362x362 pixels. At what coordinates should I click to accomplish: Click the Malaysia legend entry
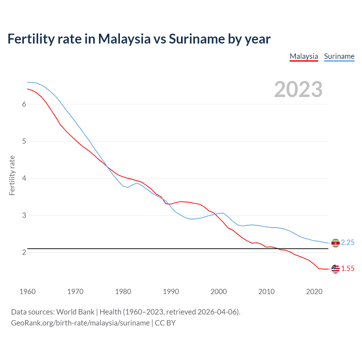click(304, 56)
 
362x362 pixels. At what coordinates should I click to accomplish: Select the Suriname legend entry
click(339, 56)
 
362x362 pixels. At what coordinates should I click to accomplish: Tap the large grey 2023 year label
click(298, 89)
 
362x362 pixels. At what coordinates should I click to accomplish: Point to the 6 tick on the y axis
click(24, 104)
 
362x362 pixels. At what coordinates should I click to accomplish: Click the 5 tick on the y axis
click(24, 141)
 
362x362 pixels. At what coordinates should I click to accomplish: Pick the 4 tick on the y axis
click(24, 178)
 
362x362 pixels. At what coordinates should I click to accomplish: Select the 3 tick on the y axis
click(24, 215)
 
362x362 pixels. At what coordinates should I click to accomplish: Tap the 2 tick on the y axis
click(24, 252)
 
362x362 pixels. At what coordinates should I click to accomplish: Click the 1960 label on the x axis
click(27, 292)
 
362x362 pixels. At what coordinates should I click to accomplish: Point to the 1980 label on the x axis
click(123, 292)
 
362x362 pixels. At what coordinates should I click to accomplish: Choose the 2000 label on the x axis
click(219, 292)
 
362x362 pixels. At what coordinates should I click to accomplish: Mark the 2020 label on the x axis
click(314, 292)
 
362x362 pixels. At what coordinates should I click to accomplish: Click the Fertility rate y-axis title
click(12, 175)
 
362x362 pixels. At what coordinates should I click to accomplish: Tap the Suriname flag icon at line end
click(335, 243)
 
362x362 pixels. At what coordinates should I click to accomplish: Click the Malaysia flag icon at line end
click(335, 269)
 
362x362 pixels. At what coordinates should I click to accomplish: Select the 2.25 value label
click(348, 243)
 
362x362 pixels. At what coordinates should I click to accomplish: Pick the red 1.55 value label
click(348, 269)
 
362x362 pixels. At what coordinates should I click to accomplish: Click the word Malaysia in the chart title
click(124, 39)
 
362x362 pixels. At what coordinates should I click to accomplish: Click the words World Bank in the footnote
click(75, 312)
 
